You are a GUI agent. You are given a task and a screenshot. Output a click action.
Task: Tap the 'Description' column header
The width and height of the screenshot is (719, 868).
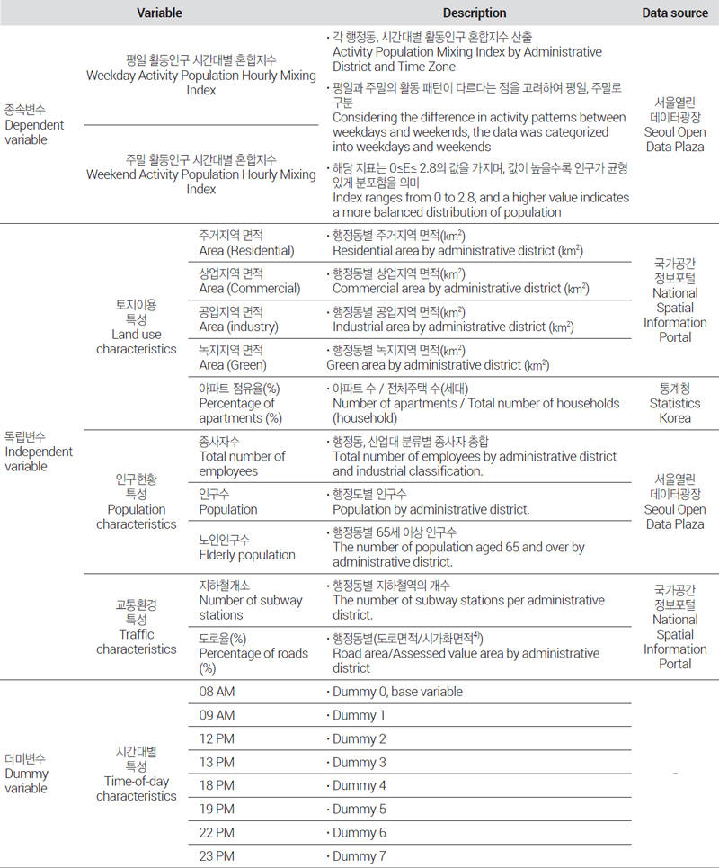tap(475, 13)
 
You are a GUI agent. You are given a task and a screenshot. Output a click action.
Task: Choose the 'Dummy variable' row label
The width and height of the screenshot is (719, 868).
tap(27, 774)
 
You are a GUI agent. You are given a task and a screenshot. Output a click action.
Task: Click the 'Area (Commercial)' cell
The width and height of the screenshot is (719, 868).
tap(249, 281)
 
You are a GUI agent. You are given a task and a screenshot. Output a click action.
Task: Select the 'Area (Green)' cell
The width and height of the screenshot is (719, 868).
tap(231, 357)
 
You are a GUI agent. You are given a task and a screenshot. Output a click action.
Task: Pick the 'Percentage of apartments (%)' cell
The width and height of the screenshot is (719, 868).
tap(240, 403)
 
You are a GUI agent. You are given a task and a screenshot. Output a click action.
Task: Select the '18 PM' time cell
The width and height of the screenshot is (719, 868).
tap(217, 785)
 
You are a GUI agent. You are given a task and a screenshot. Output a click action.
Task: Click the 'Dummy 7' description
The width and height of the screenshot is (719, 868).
tap(359, 855)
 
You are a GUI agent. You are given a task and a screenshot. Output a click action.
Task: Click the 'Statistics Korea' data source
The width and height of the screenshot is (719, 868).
tap(675, 403)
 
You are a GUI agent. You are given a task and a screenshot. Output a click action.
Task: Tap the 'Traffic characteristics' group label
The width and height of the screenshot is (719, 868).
tap(137, 627)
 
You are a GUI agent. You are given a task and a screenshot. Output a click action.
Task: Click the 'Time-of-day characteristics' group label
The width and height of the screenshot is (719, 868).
tap(137, 774)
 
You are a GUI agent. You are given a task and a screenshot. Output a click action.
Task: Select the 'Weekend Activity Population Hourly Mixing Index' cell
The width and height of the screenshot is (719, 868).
tap(201, 174)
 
